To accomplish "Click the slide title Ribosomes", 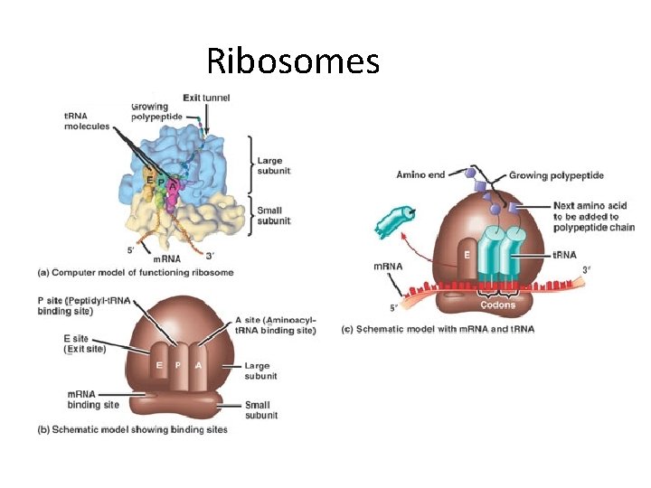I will coord(292,61).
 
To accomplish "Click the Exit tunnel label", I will coord(206,98).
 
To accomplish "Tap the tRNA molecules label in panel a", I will coord(87,121).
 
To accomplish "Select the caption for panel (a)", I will coord(136,272).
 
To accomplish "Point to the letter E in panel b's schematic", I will coord(158,365).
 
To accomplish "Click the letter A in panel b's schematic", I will coord(198,365).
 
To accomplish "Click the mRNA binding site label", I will coord(92,399).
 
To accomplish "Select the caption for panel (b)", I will coord(145,429).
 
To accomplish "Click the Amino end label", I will coord(421,174).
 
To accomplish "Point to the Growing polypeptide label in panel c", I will coord(556,174).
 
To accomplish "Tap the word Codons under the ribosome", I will coord(498,305).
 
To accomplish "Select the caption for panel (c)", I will coord(437,329).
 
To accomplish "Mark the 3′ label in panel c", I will coord(586,268).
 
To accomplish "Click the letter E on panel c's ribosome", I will coord(467,255).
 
